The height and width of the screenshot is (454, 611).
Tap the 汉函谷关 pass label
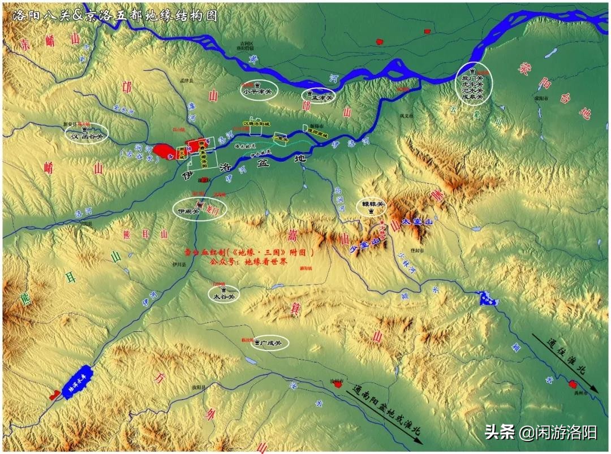click(87, 136)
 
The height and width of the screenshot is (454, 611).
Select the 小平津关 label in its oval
click(257, 90)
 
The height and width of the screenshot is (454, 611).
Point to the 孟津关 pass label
click(320, 97)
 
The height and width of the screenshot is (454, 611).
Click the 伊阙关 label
click(188, 211)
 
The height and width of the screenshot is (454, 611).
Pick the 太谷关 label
click(223, 295)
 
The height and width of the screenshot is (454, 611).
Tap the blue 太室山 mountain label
click(416, 222)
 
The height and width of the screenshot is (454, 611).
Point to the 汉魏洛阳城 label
click(257, 122)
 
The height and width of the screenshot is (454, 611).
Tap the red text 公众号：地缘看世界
click(248, 262)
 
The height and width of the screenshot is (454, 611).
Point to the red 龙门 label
click(216, 209)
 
